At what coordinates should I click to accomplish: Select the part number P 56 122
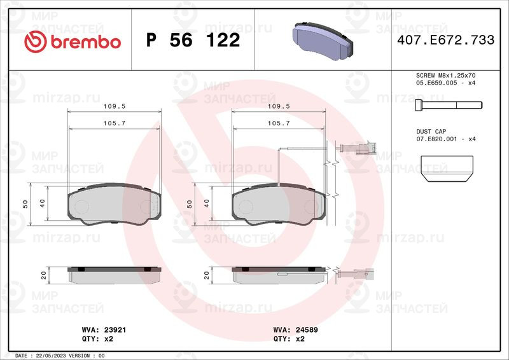pyautogui.click(x=193, y=41)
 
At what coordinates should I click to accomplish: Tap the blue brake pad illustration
pyautogui.click(x=323, y=39)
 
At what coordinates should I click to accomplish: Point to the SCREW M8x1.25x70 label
pyautogui.click(x=446, y=76)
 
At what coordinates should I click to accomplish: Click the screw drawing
pyautogui.click(x=448, y=104)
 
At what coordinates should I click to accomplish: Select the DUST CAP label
pyautogui.click(x=433, y=130)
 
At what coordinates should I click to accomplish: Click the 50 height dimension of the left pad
pyautogui.click(x=25, y=204)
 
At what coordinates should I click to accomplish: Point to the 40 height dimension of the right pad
pyautogui.click(x=206, y=204)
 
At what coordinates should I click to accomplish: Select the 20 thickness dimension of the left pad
pyautogui.click(x=43, y=275)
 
